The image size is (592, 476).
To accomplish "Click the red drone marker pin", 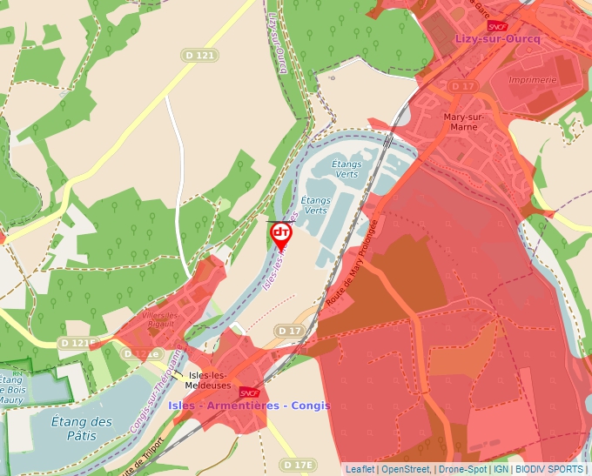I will (x=281, y=235).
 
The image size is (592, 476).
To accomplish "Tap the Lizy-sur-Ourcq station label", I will (x=497, y=39).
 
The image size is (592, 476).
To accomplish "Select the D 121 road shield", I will (x=199, y=55).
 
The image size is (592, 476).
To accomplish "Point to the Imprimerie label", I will (x=532, y=80).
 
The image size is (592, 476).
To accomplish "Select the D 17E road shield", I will (x=298, y=465).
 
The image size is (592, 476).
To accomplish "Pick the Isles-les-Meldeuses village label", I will (x=210, y=379).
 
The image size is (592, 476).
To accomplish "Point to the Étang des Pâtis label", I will (x=81, y=427).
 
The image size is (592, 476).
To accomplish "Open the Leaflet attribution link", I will (x=360, y=469).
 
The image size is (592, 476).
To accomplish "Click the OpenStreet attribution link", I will (x=406, y=469).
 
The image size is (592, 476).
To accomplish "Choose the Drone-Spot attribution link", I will (x=462, y=469).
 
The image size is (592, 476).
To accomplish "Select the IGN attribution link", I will (x=501, y=469).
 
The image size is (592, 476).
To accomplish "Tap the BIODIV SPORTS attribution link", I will (x=548, y=469).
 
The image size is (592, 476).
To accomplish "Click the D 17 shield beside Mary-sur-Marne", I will (x=463, y=86).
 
